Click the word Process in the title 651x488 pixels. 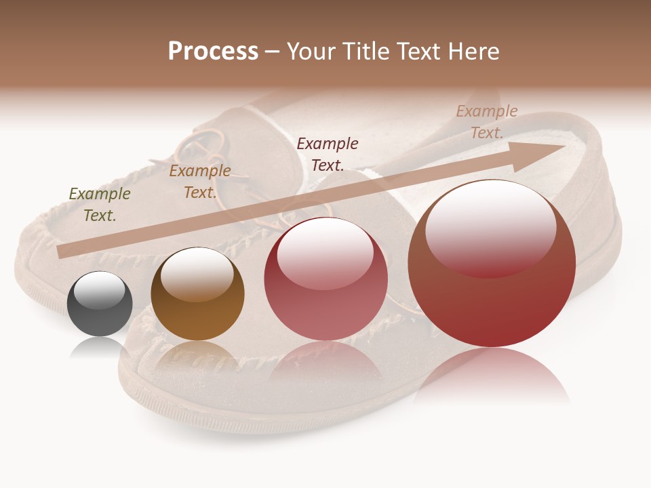click(x=213, y=51)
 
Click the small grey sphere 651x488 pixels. click(x=100, y=304)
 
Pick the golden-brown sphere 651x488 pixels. click(x=197, y=294)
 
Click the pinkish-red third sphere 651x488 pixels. click(x=325, y=279)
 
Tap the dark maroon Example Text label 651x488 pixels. click(x=328, y=154)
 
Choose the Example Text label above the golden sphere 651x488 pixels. click(x=199, y=182)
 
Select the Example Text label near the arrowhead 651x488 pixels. click(x=486, y=122)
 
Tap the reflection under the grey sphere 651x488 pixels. click(x=100, y=347)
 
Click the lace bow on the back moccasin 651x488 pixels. click(x=203, y=146)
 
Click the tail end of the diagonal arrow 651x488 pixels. click(x=63, y=251)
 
